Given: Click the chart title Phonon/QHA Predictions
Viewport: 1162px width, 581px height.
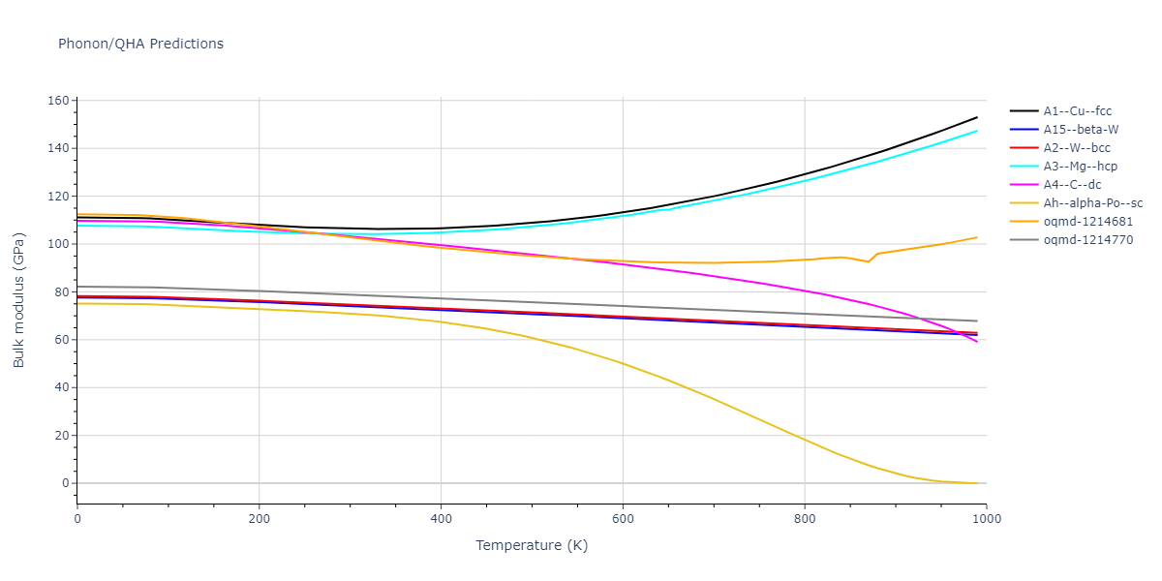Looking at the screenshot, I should pos(140,44).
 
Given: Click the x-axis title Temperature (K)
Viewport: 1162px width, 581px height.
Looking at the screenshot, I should pos(532,545).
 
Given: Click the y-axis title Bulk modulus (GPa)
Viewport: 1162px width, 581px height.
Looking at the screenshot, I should pos(19,292).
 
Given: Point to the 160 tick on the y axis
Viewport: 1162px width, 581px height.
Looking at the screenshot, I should pos(57,101).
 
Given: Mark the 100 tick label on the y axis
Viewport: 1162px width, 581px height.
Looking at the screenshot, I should pos(57,244).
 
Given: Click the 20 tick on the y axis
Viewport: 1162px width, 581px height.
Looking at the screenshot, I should pos(61,436).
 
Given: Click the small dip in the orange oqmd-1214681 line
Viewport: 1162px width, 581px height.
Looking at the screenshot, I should pos(868,261).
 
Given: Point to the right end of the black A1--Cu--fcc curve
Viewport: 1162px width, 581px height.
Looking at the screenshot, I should pos(977,117).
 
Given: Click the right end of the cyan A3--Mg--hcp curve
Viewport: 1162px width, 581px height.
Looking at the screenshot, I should pos(977,131).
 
